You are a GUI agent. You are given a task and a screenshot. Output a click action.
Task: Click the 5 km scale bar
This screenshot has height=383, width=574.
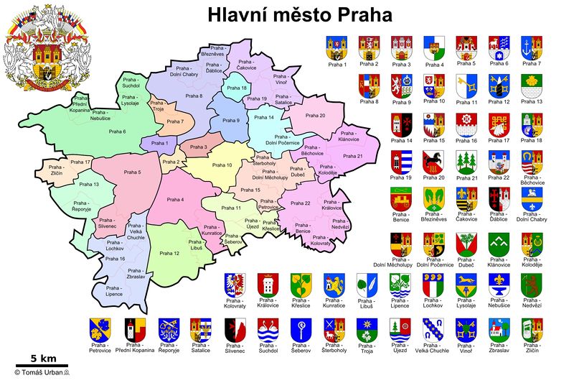coord(42,364)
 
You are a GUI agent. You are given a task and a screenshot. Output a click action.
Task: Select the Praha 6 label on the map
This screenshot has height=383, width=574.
coord(117,131)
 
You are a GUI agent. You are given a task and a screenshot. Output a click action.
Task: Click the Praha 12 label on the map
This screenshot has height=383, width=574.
coord(170,253)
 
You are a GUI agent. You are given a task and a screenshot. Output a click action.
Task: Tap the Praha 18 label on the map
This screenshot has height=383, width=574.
coord(236,88)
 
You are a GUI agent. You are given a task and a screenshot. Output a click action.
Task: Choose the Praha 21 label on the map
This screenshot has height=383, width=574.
coord(353,156)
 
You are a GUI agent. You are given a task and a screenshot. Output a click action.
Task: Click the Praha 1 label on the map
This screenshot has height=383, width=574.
coord(160,144)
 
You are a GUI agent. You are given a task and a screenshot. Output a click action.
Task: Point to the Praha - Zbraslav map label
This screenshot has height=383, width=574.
coord(135,274)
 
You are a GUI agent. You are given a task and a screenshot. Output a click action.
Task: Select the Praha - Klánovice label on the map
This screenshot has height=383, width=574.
coord(348,136)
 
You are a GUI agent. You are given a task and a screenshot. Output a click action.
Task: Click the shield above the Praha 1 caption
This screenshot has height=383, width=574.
coord(337,47)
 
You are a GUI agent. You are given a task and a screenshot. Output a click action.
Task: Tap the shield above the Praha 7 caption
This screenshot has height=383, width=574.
coord(532,47)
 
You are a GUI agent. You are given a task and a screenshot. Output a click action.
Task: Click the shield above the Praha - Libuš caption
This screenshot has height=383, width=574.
coord(366,287)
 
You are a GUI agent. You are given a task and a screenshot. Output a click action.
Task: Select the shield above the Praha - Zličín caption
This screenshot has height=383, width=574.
coord(532,330)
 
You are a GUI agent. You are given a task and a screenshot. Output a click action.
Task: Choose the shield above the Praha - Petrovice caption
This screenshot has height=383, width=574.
coord(100,330)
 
